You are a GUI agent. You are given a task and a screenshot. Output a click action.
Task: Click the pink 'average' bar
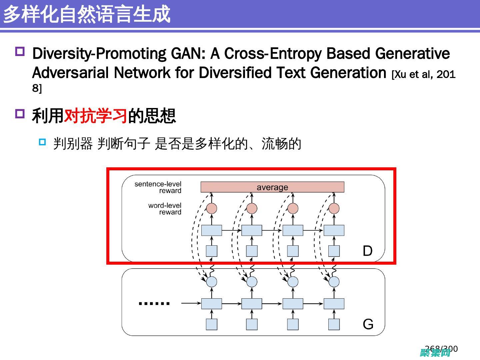point(272,187)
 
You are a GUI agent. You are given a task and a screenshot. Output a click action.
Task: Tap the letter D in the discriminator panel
point(367,251)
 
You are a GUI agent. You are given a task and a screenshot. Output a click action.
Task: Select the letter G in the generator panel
point(368,324)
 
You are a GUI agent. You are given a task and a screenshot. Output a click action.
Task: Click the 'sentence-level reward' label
point(158,187)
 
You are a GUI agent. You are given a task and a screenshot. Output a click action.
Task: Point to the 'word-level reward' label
point(165,209)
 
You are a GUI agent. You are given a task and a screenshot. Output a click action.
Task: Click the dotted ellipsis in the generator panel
point(154,303)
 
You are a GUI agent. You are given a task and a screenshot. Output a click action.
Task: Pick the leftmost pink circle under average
point(212,208)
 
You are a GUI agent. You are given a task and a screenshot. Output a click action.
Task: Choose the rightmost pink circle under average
point(334,208)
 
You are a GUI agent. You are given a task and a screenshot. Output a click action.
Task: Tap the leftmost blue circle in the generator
point(212,282)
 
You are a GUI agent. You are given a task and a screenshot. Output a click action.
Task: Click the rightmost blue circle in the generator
point(334,282)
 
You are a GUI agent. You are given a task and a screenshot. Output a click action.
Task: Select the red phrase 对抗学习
point(96,116)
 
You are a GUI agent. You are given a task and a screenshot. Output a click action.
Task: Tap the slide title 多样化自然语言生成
point(87,14)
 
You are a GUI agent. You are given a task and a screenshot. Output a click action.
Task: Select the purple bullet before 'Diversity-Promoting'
point(20,52)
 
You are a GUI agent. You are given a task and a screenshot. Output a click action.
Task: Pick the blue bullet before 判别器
point(42,142)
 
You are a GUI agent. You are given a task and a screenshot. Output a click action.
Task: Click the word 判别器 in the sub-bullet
point(73,144)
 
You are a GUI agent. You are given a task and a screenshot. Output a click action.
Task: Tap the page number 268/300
point(441,349)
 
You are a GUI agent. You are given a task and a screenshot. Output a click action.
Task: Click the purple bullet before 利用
point(20,114)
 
